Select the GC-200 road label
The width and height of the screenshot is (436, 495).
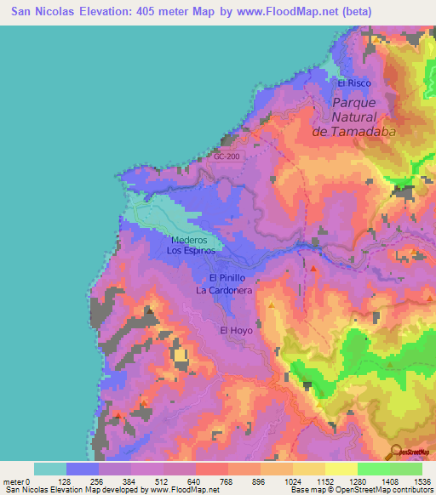227,156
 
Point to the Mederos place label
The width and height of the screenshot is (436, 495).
188,240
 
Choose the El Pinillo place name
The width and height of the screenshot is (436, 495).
227,278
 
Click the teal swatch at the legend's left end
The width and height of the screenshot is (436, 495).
50,469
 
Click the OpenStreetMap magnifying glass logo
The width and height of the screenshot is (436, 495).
397,453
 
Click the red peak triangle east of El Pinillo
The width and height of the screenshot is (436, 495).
314,269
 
